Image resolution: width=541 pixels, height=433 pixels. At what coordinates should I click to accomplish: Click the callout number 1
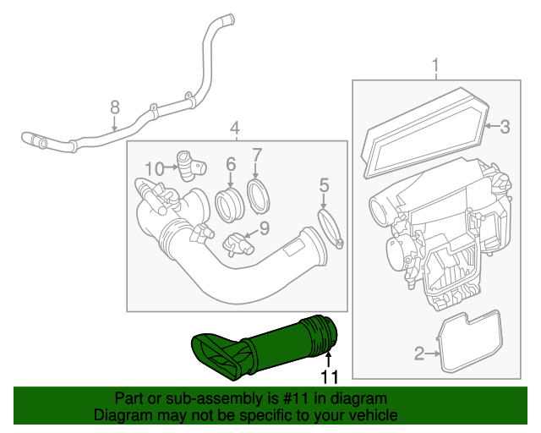click(436, 65)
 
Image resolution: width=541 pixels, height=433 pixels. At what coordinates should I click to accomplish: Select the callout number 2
click(419, 354)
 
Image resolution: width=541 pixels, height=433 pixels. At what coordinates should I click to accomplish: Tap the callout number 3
click(504, 128)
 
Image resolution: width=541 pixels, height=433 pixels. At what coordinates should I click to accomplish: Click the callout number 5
click(324, 185)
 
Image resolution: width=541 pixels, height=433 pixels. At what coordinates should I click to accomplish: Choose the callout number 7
click(257, 155)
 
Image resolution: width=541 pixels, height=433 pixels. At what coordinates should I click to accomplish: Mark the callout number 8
click(115, 108)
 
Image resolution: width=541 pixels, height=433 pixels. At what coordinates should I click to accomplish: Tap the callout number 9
click(263, 227)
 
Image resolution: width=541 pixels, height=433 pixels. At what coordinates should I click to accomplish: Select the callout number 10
click(153, 168)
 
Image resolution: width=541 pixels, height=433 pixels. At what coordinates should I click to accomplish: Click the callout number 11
click(328, 376)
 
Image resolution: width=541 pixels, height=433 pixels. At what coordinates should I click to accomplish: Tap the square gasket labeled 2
click(469, 343)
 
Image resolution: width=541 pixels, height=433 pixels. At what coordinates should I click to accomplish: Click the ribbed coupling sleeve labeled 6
click(228, 205)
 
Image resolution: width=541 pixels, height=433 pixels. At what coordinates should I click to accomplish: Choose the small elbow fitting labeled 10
click(186, 165)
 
